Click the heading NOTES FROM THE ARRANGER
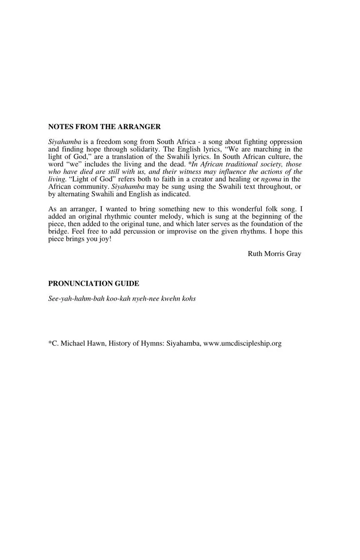(x=104, y=127)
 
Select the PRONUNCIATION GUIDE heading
(x=94, y=284)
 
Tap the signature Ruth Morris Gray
(x=274, y=254)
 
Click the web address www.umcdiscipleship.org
(x=242, y=343)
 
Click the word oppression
(x=286, y=142)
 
